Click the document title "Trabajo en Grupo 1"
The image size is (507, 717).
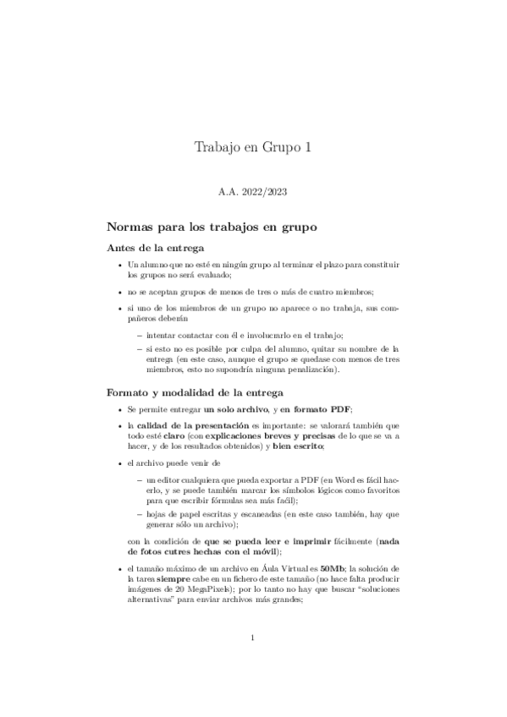click(253, 147)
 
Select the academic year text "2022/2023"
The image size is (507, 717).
click(266, 193)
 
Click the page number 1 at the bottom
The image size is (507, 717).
click(253, 661)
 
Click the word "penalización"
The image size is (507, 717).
click(336, 369)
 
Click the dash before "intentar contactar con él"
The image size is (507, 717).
click(139, 336)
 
